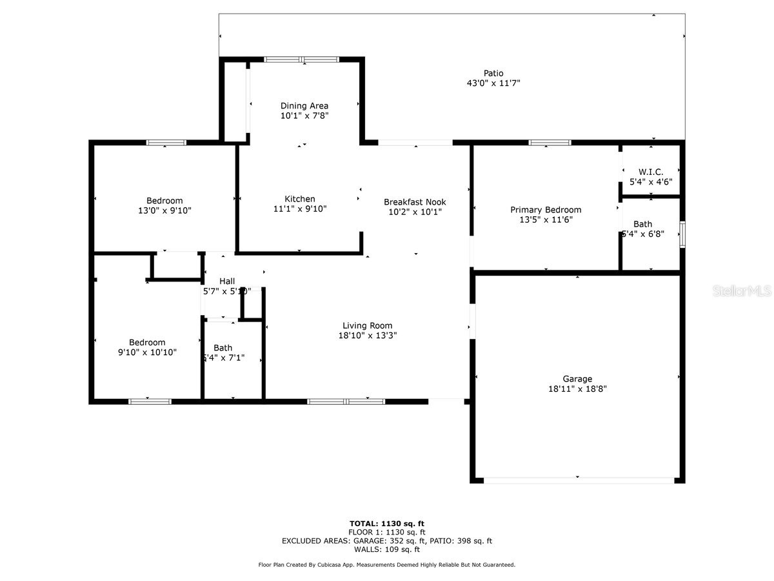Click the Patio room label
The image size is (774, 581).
(x=493, y=73)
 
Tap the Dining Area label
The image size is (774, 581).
(x=304, y=106)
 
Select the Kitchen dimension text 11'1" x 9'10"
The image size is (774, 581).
(x=300, y=209)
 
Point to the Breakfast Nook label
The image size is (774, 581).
(x=415, y=202)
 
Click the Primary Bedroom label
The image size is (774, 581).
(x=546, y=210)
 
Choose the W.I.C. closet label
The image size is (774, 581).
(x=651, y=172)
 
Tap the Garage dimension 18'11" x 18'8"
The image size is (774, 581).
(x=577, y=389)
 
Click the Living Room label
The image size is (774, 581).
(x=367, y=325)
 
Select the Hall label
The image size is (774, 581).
(x=227, y=281)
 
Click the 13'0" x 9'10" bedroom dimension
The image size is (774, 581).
(x=164, y=210)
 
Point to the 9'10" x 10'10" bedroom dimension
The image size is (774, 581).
(x=147, y=352)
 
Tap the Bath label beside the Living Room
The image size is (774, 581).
(x=223, y=347)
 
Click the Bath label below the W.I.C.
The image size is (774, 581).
(x=642, y=224)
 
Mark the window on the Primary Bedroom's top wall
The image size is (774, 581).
(x=550, y=143)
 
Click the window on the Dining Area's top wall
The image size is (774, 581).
(x=301, y=59)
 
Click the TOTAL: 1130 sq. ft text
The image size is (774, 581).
(x=387, y=524)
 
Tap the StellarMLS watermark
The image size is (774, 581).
(x=741, y=291)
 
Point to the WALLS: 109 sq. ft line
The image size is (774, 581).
(x=387, y=549)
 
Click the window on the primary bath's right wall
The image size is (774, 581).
(x=682, y=234)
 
